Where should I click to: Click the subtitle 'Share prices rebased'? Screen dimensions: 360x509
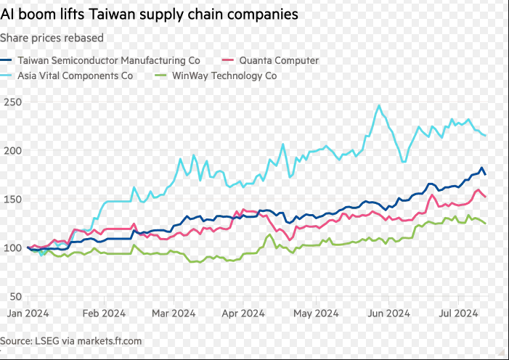tap(52, 38)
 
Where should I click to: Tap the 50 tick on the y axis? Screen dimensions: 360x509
tap(12, 297)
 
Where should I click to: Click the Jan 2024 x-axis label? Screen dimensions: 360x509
tap(27, 314)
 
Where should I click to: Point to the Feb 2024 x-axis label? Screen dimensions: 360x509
tap(104, 314)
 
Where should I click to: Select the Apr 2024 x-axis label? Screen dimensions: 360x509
tap(242, 314)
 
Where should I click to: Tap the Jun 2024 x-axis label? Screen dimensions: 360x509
tap(387, 314)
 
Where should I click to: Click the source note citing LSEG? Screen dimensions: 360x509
tap(71, 340)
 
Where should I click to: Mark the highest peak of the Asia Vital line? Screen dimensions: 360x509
tap(379, 105)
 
